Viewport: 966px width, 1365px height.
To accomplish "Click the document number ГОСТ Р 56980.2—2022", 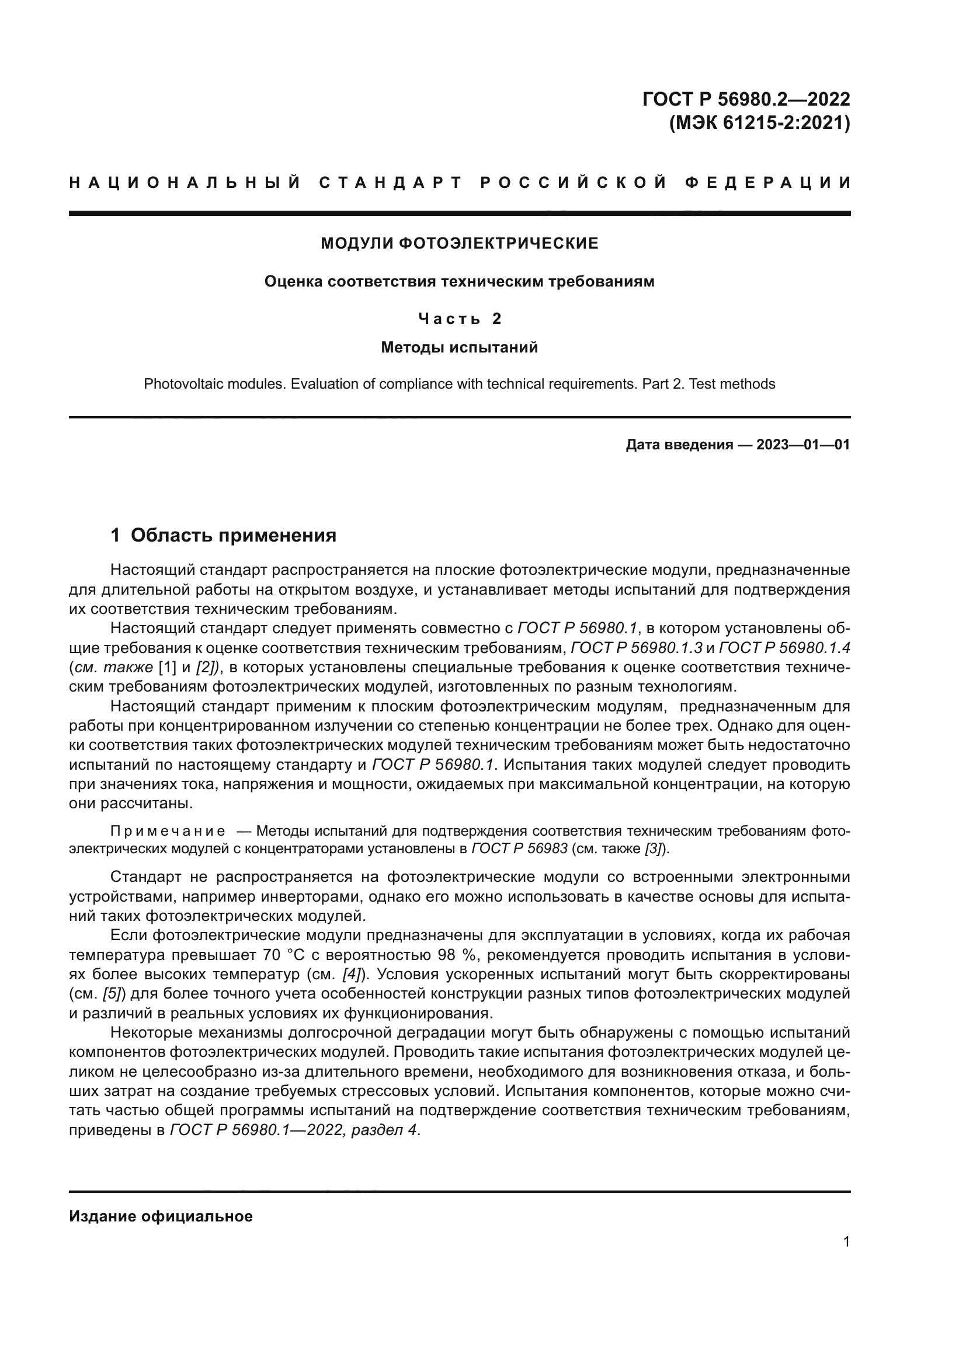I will click(x=746, y=99).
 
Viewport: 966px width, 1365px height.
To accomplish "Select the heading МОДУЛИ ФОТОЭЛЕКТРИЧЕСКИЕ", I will click(x=459, y=243).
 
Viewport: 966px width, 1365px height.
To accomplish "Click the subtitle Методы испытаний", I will click(x=459, y=347).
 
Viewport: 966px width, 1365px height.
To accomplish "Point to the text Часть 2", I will click(x=459, y=319).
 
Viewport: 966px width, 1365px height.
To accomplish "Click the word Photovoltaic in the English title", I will click(x=178, y=384).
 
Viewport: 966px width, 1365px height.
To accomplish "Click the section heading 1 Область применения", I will click(x=224, y=536).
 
